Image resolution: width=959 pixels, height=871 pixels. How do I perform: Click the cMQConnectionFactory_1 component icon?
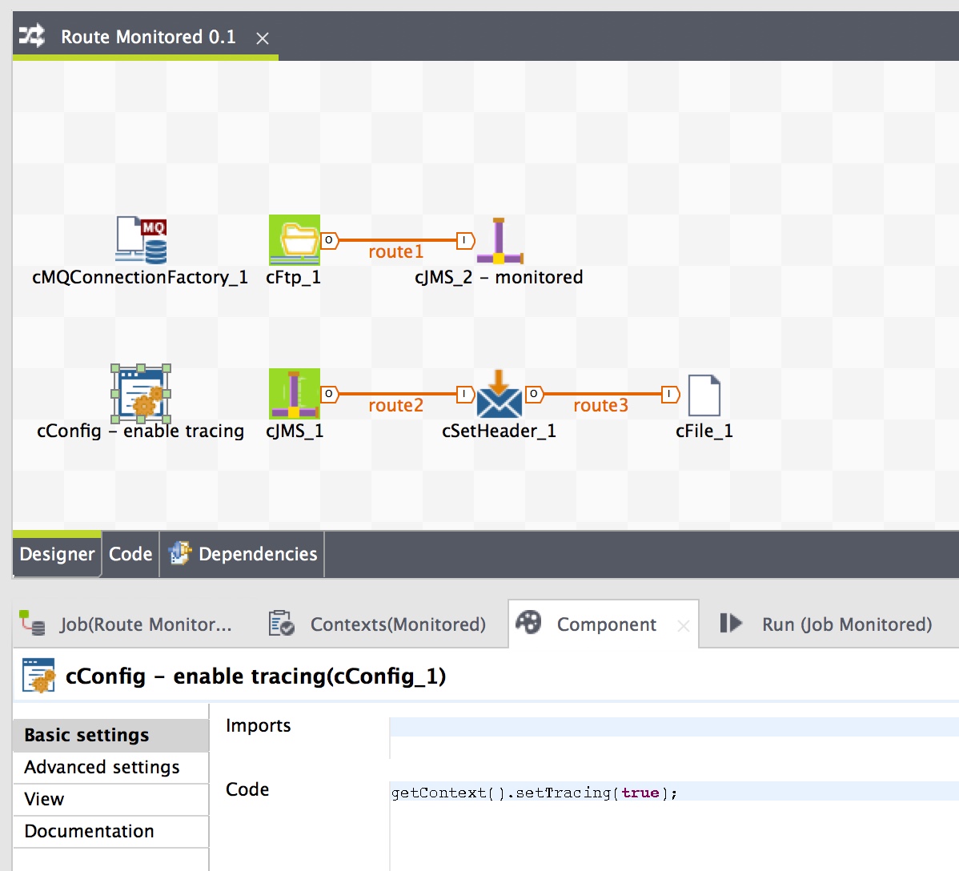click(x=142, y=239)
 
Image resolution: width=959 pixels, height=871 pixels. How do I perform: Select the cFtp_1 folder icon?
click(x=295, y=239)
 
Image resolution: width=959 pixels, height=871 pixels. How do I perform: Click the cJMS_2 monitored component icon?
click(x=500, y=240)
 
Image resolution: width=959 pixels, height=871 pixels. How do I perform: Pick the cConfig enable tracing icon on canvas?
click(x=141, y=394)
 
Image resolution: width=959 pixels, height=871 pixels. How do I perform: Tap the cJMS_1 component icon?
click(x=295, y=394)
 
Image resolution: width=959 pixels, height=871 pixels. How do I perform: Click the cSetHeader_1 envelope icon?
click(x=500, y=394)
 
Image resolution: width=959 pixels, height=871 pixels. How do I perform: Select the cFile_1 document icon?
click(x=704, y=395)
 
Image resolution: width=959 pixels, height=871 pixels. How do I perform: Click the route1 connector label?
click(x=395, y=252)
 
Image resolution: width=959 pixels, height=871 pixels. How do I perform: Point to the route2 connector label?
click(x=395, y=406)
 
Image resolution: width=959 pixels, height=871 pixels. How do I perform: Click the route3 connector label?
click(x=600, y=406)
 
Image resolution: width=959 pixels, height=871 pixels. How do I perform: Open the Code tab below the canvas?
click(x=130, y=554)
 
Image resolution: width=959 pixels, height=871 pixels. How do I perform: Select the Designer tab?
click(x=57, y=554)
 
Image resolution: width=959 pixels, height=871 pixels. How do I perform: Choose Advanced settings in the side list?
click(x=102, y=767)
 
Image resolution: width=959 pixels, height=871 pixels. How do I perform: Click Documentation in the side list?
click(x=89, y=831)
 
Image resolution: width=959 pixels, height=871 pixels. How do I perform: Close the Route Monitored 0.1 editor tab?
click(x=263, y=38)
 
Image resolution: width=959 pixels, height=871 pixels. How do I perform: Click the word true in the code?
click(x=640, y=793)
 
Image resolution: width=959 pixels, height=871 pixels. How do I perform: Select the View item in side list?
click(x=44, y=799)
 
